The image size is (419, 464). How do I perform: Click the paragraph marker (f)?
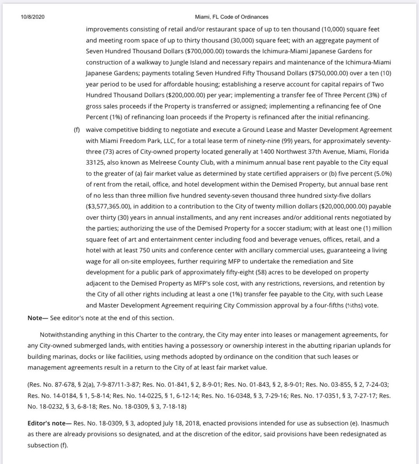(x=77, y=130)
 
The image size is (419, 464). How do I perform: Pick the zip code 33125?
(x=97, y=163)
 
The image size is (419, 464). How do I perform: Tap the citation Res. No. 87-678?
(x=51, y=385)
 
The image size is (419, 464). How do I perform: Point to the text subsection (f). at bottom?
(x=47, y=445)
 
